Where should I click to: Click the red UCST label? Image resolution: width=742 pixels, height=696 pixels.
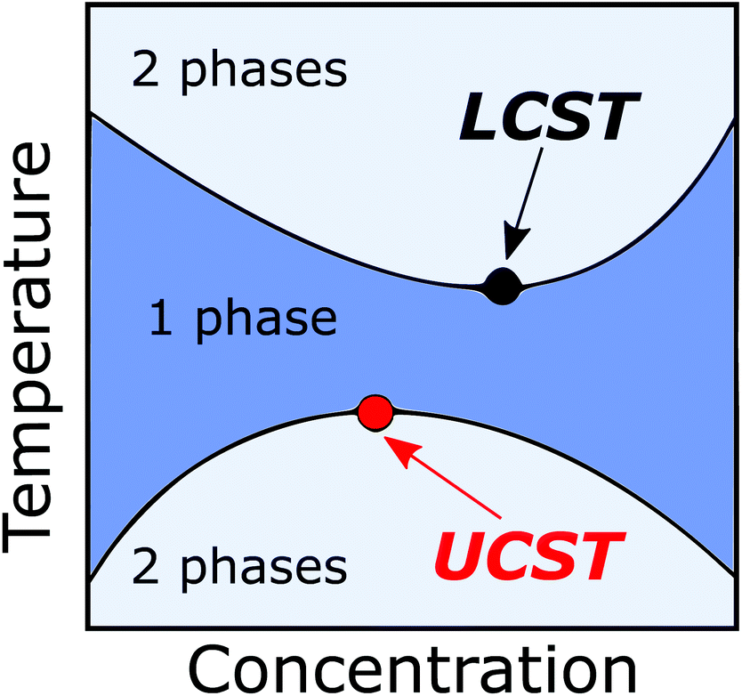(526, 554)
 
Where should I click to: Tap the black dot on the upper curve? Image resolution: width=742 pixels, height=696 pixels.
(503, 285)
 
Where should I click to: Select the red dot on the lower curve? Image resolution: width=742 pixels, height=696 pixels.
(375, 412)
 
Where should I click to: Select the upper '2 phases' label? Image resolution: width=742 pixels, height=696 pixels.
(238, 70)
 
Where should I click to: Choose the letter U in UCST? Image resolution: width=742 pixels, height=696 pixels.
(456, 554)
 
